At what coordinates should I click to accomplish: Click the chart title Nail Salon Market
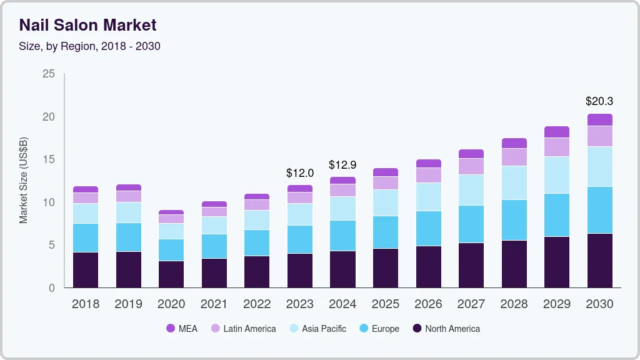[x=87, y=25]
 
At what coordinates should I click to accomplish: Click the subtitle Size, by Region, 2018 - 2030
[x=89, y=46]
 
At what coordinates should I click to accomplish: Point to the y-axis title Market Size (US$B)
[x=24, y=180]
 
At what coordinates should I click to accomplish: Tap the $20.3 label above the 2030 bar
[x=599, y=101]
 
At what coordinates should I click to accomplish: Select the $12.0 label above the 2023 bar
[x=300, y=172]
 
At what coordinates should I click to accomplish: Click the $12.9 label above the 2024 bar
[x=342, y=165]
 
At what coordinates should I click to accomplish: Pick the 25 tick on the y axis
[x=48, y=74]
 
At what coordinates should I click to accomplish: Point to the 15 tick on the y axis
[x=48, y=160]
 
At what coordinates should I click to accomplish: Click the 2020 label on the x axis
[x=171, y=304]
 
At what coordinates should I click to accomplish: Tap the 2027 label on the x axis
[x=471, y=304]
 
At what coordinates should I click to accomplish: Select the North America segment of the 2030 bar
[x=599, y=261]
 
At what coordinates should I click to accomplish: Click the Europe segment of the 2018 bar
[x=86, y=237]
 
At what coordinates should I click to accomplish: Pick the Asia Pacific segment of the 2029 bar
[x=557, y=175]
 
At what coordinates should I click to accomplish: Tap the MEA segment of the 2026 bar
[x=428, y=163]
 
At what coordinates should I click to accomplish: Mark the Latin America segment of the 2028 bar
[x=514, y=157]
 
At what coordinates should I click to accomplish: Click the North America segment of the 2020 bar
[x=171, y=274]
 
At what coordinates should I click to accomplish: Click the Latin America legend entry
[x=243, y=329]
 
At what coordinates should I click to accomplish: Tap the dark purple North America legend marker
[x=417, y=329]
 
